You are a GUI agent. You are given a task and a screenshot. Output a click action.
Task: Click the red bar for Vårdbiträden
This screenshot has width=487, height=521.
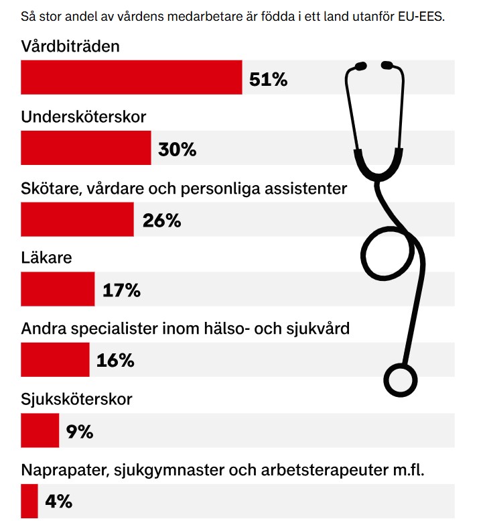pos(131,78)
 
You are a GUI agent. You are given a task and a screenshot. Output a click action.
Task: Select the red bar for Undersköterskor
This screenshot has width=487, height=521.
pos(86,148)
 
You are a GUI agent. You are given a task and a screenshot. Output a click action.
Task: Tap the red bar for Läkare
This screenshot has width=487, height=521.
pos(58,289)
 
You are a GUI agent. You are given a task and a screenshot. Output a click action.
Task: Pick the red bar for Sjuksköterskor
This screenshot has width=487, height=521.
pos(40,430)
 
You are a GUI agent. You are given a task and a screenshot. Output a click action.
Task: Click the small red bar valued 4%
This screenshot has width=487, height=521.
pos(29,501)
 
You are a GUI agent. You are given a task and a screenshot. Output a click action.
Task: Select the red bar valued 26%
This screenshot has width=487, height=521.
pos(77,219)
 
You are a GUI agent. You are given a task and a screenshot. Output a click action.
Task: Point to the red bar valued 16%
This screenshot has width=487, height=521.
pos(55,360)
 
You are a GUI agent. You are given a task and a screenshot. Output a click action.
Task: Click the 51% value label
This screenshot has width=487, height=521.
pos(268,79)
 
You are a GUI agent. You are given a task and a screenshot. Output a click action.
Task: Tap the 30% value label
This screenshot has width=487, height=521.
pos(178,150)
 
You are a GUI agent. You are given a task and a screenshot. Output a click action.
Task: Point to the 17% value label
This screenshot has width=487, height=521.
pos(121,290)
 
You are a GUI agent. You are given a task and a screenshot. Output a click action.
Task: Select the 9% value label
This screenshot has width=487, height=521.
pos(80,431)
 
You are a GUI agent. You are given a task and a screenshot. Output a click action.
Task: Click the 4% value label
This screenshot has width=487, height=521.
pos(58,502)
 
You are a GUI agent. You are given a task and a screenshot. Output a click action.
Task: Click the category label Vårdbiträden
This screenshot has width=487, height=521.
pos(70,47)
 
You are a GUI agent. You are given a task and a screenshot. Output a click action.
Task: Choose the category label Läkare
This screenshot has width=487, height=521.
pos(46,258)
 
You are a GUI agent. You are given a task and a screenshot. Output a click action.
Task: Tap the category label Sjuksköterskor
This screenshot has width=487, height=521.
pos(76,400)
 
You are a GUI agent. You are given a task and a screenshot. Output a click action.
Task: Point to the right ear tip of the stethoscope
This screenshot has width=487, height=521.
pos(388,65)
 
